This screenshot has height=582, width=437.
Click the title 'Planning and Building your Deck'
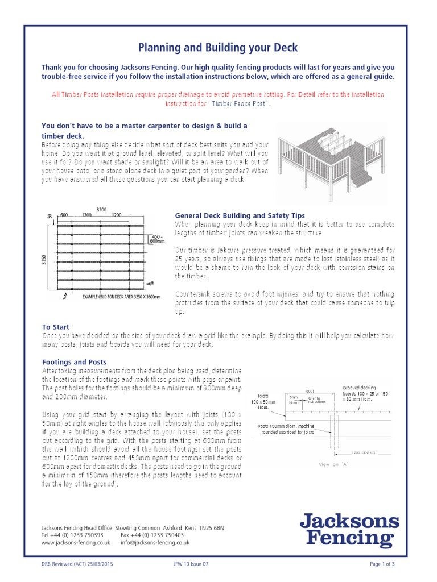[x=218, y=47]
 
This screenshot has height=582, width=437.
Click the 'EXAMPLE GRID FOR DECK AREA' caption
[x=121, y=297]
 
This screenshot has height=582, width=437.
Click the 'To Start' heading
[x=56, y=327]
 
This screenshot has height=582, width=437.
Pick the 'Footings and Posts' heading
[x=74, y=361]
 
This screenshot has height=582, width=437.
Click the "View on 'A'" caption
[x=333, y=464]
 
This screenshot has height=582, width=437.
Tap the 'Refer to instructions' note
[x=314, y=400]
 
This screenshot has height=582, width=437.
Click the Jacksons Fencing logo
[x=349, y=530]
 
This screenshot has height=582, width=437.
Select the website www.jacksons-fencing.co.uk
[x=76, y=543]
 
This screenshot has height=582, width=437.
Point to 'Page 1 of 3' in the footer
[x=382, y=564]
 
